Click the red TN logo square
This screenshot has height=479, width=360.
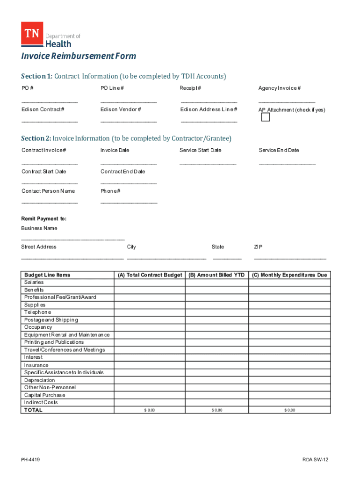[x=32, y=34]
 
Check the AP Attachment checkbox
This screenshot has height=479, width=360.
[x=266, y=117]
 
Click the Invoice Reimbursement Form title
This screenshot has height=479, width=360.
[x=79, y=56]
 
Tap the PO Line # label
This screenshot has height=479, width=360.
[x=112, y=88]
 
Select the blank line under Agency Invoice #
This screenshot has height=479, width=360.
[x=287, y=102]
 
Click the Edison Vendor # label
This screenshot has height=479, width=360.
[x=121, y=109]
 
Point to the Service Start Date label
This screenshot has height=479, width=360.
[x=200, y=150]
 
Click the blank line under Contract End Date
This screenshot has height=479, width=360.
[x=129, y=183]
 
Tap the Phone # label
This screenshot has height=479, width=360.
[x=110, y=191]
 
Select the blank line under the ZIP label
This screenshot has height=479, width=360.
[x=290, y=258]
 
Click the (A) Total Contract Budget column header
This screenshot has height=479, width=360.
[x=150, y=275]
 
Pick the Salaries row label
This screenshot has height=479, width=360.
[x=34, y=283]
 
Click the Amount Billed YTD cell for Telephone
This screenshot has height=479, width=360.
[x=216, y=312]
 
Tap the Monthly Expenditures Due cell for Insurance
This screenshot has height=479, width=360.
[x=289, y=365]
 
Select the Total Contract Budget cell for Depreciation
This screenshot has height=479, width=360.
[x=150, y=380]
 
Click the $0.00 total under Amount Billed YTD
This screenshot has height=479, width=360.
[x=216, y=410]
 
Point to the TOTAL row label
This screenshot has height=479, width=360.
[x=33, y=410]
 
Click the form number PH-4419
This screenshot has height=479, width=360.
[x=30, y=460]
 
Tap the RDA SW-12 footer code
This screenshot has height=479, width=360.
[x=316, y=460]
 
